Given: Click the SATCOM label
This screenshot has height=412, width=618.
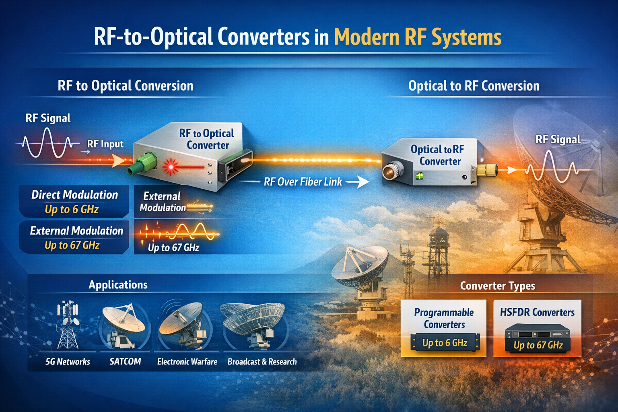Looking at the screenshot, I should coord(125,361).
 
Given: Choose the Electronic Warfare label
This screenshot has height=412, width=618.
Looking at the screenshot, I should coord(187,362).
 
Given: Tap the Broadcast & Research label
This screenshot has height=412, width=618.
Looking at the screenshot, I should coord(262,362).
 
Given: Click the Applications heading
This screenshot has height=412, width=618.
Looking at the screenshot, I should coord(118,285).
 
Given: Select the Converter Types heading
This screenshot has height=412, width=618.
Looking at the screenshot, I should coord(497,286).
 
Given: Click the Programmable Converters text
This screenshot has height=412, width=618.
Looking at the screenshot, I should coord(444,318).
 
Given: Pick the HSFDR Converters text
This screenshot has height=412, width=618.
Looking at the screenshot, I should coord(537,312).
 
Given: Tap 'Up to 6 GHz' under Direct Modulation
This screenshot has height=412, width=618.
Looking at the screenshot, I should coord(72,209).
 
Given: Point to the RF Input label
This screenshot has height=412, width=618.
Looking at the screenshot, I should coord(105,144).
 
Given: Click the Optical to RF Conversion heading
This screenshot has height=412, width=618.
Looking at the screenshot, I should coord(474,86).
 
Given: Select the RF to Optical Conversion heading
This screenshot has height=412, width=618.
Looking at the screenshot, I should coord(125,86).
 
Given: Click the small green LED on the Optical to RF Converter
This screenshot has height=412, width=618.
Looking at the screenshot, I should coord(419,175).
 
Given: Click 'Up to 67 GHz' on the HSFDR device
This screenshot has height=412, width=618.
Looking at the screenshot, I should coord(538,345).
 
